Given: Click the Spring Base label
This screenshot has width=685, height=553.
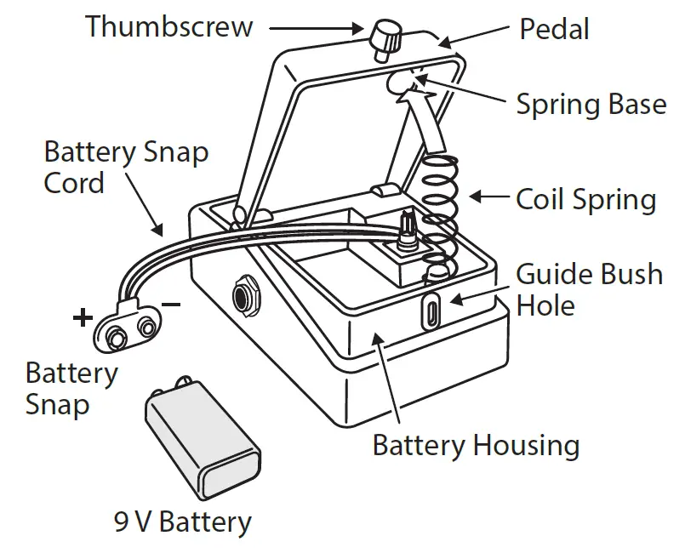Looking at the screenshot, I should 591,104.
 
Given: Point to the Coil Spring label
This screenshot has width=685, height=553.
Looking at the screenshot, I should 586,200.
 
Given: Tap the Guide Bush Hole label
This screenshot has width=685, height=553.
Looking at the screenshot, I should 590,289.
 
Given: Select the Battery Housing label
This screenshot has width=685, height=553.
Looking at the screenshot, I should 476,445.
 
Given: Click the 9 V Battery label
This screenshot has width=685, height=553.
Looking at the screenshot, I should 183,521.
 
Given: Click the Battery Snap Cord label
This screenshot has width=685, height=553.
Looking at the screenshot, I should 125,168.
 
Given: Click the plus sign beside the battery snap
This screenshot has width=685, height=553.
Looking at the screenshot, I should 83,318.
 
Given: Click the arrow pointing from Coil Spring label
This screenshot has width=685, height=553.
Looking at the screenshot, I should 489,197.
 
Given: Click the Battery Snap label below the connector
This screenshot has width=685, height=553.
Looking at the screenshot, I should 71,388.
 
